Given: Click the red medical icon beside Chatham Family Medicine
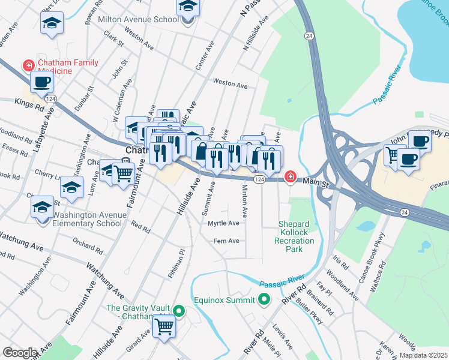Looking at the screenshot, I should pos(28,65).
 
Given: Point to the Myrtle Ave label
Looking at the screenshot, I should pos(223,223).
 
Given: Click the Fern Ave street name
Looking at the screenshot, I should pos(226,241).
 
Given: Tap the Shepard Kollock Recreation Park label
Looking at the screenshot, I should pos(296,237).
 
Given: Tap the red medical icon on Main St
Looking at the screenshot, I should pos(291,176).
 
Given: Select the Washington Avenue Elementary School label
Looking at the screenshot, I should pos(90,219).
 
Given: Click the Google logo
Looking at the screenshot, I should pos(20,353).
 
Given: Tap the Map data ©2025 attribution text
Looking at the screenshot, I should pos(423,355).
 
